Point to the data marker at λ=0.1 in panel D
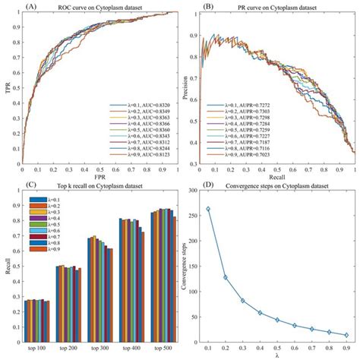208,209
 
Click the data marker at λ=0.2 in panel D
226,277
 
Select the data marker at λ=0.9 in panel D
346,334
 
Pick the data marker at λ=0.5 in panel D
277,320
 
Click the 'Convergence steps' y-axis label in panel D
185,266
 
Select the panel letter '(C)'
9,185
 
